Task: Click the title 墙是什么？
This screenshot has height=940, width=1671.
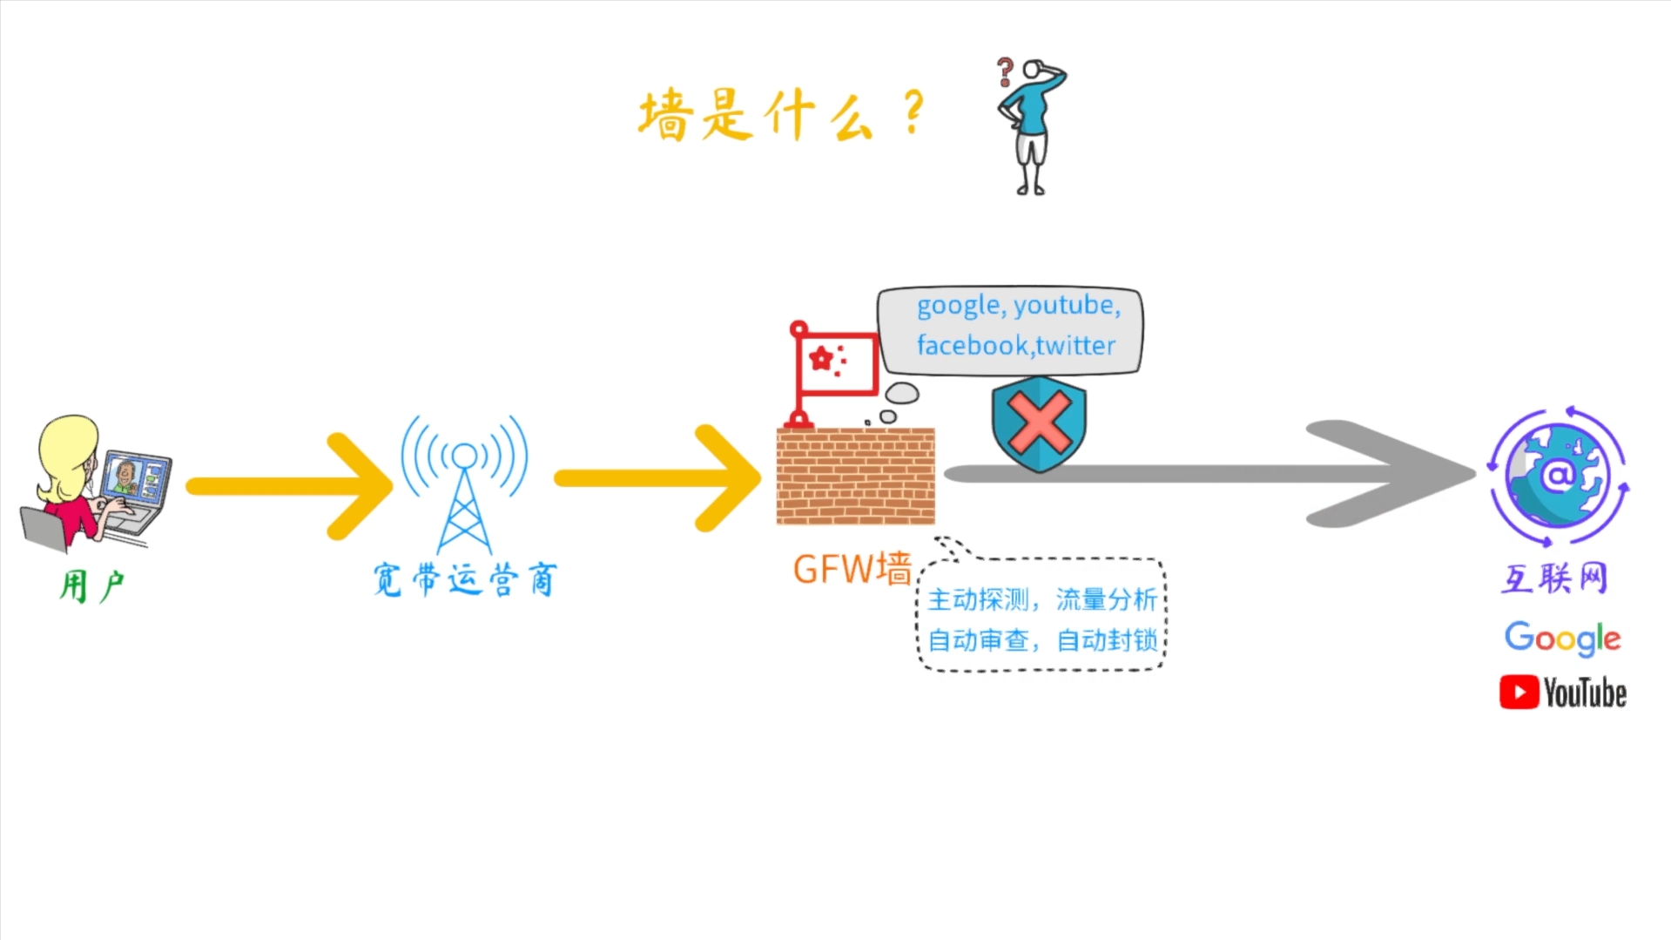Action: coord(779,115)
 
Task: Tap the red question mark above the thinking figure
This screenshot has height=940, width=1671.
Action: coord(1005,71)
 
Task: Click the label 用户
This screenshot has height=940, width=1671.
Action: coord(92,585)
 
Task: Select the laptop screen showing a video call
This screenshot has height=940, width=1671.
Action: coord(135,478)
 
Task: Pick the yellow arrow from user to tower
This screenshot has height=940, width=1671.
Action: coord(287,486)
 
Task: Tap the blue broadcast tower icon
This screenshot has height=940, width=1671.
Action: coord(464,484)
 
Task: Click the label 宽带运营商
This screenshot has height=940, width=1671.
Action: coord(464,579)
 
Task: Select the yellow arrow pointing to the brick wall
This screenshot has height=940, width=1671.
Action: coord(657,478)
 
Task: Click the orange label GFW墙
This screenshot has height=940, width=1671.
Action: coord(852,570)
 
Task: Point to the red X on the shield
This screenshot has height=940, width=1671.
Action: coord(1039,422)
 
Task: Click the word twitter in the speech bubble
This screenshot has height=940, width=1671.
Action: coord(1076,346)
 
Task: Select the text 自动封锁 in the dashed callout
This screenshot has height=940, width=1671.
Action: coord(1107,641)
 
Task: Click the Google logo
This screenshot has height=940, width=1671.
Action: coord(1562,639)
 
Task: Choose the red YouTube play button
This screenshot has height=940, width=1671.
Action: coord(1519,693)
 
